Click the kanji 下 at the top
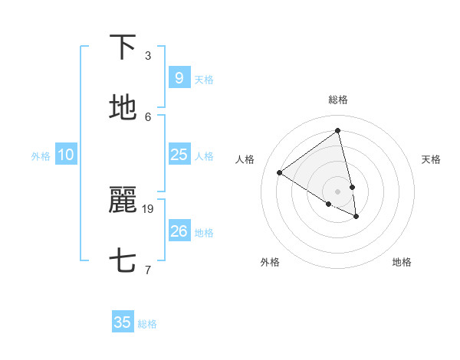(123, 47)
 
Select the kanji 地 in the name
(123, 108)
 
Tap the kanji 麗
(123, 201)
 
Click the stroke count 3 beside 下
(148, 55)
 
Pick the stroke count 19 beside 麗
(148, 208)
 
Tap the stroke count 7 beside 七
(148, 270)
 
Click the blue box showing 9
(179, 77)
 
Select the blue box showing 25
(179, 155)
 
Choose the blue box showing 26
(179, 231)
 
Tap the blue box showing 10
(66, 155)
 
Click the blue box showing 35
(123, 322)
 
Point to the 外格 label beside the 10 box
(41, 156)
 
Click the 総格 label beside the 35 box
(147, 324)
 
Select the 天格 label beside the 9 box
(203, 79)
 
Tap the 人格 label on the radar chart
(245, 159)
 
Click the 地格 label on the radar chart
(402, 262)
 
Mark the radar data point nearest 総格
(338, 130)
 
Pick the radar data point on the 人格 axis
(279, 172)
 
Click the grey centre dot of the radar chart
(338, 191)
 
